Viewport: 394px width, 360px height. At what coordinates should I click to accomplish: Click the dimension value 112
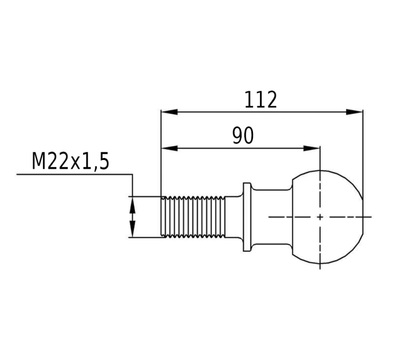click(x=261, y=99)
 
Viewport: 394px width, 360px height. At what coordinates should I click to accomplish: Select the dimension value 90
click(x=243, y=136)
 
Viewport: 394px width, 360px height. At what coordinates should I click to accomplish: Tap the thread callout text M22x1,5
click(x=71, y=162)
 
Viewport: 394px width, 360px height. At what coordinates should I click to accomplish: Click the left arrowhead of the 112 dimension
click(x=169, y=112)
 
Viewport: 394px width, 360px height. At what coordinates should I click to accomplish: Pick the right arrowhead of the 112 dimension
click(x=354, y=112)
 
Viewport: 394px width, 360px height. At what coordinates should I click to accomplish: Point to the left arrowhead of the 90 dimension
click(x=169, y=148)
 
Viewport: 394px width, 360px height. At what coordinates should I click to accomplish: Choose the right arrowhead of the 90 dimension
click(x=311, y=148)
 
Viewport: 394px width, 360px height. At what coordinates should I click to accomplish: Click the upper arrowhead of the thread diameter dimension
click(x=132, y=205)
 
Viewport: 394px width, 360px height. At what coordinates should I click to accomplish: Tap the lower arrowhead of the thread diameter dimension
click(x=132, y=229)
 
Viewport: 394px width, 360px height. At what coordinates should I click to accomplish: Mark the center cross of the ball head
click(x=320, y=217)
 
